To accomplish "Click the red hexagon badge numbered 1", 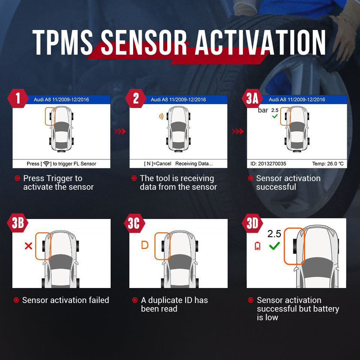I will (18, 99).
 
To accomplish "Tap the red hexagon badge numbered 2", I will (135, 99).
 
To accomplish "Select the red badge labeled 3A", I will (252, 99).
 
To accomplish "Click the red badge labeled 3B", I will (18, 223).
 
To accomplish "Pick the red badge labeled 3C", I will (134, 223).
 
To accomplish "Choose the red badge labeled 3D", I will (252, 223).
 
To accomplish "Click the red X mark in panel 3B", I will (28, 246).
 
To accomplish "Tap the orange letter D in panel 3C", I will (145, 245).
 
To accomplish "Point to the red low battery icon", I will (257, 246).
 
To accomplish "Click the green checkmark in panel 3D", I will (275, 246).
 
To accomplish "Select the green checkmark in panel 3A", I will (275, 116).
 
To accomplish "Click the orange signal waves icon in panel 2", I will (161, 117).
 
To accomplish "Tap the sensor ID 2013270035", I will (268, 164).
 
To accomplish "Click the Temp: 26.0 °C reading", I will (327, 164).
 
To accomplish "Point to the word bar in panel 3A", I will (263, 110).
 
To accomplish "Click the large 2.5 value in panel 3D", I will (274, 234).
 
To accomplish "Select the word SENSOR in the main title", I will (144, 43).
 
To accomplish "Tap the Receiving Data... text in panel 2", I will (194, 164).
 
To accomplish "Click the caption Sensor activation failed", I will (66, 300).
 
